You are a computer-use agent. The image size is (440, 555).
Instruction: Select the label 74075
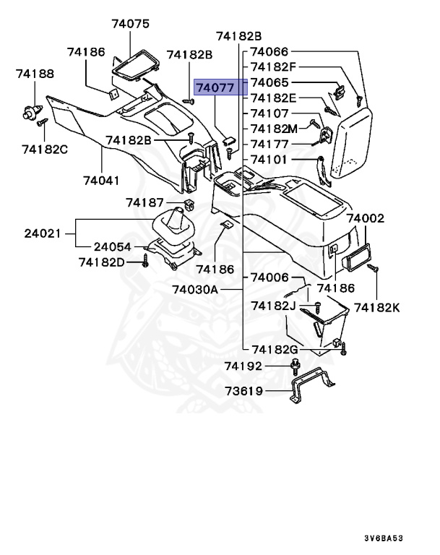[130, 24]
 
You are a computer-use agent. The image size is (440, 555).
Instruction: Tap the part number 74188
[35, 74]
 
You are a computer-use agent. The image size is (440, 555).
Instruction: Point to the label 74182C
[45, 149]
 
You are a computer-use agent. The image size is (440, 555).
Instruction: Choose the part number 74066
[269, 52]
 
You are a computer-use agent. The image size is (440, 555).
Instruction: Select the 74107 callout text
[269, 113]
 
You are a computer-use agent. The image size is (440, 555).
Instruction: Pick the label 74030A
[195, 290]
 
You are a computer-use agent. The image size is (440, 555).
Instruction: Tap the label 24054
[112, 247]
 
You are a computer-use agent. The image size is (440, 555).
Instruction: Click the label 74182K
[376, 308]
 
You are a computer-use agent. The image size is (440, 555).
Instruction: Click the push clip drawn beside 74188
[30, 111]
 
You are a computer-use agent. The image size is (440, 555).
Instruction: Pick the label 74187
[145, 203]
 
